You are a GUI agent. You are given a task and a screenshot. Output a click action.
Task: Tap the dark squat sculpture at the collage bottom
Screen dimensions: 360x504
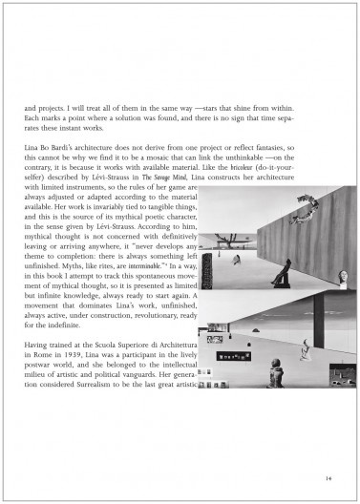click(x=276, y=376)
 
